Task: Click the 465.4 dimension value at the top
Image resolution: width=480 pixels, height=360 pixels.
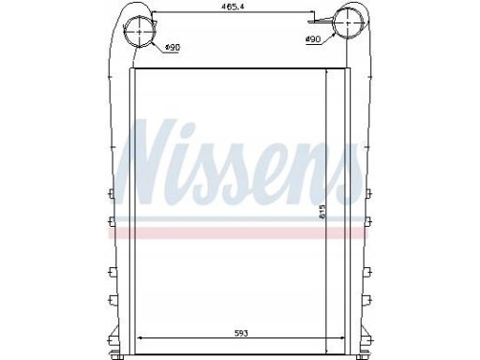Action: pos(232,7)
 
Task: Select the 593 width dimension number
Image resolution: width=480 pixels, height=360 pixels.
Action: pos(241,334)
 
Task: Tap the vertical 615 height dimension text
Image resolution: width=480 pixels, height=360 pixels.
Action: pos(322,211)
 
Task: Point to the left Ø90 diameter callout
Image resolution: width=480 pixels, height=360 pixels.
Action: pos(172,48)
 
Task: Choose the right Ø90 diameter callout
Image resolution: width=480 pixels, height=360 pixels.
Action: pos(313,39)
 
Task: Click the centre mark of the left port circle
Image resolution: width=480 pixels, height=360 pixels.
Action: pos(140,32)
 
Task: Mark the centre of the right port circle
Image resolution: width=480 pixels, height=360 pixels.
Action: pos(348,22)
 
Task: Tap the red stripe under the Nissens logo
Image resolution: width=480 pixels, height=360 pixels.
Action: pos(238,233)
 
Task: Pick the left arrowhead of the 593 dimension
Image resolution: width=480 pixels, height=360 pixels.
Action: pos(140,337)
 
